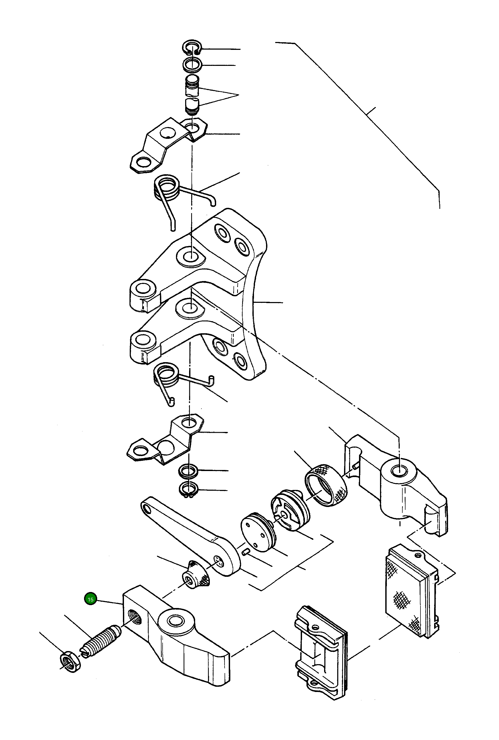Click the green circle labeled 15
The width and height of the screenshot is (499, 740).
[x=90, y=599]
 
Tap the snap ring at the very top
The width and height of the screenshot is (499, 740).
[x=191, y=47]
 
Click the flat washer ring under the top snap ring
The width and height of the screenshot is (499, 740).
[x=193, y=65]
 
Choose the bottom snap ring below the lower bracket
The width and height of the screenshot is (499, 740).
[x=189, y=490]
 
